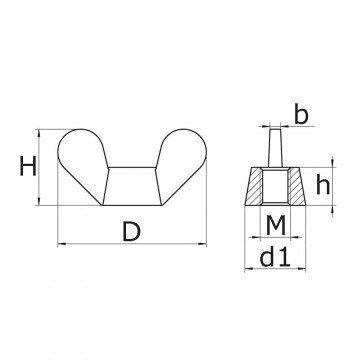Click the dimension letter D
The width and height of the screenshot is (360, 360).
(x=130, y=233)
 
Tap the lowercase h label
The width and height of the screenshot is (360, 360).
(x=326, y=184)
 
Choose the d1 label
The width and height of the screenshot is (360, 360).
(x=276, y=260)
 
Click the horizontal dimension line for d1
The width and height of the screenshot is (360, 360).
(x=276, y=271)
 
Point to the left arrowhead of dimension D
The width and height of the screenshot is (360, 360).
(x=62, y=243)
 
